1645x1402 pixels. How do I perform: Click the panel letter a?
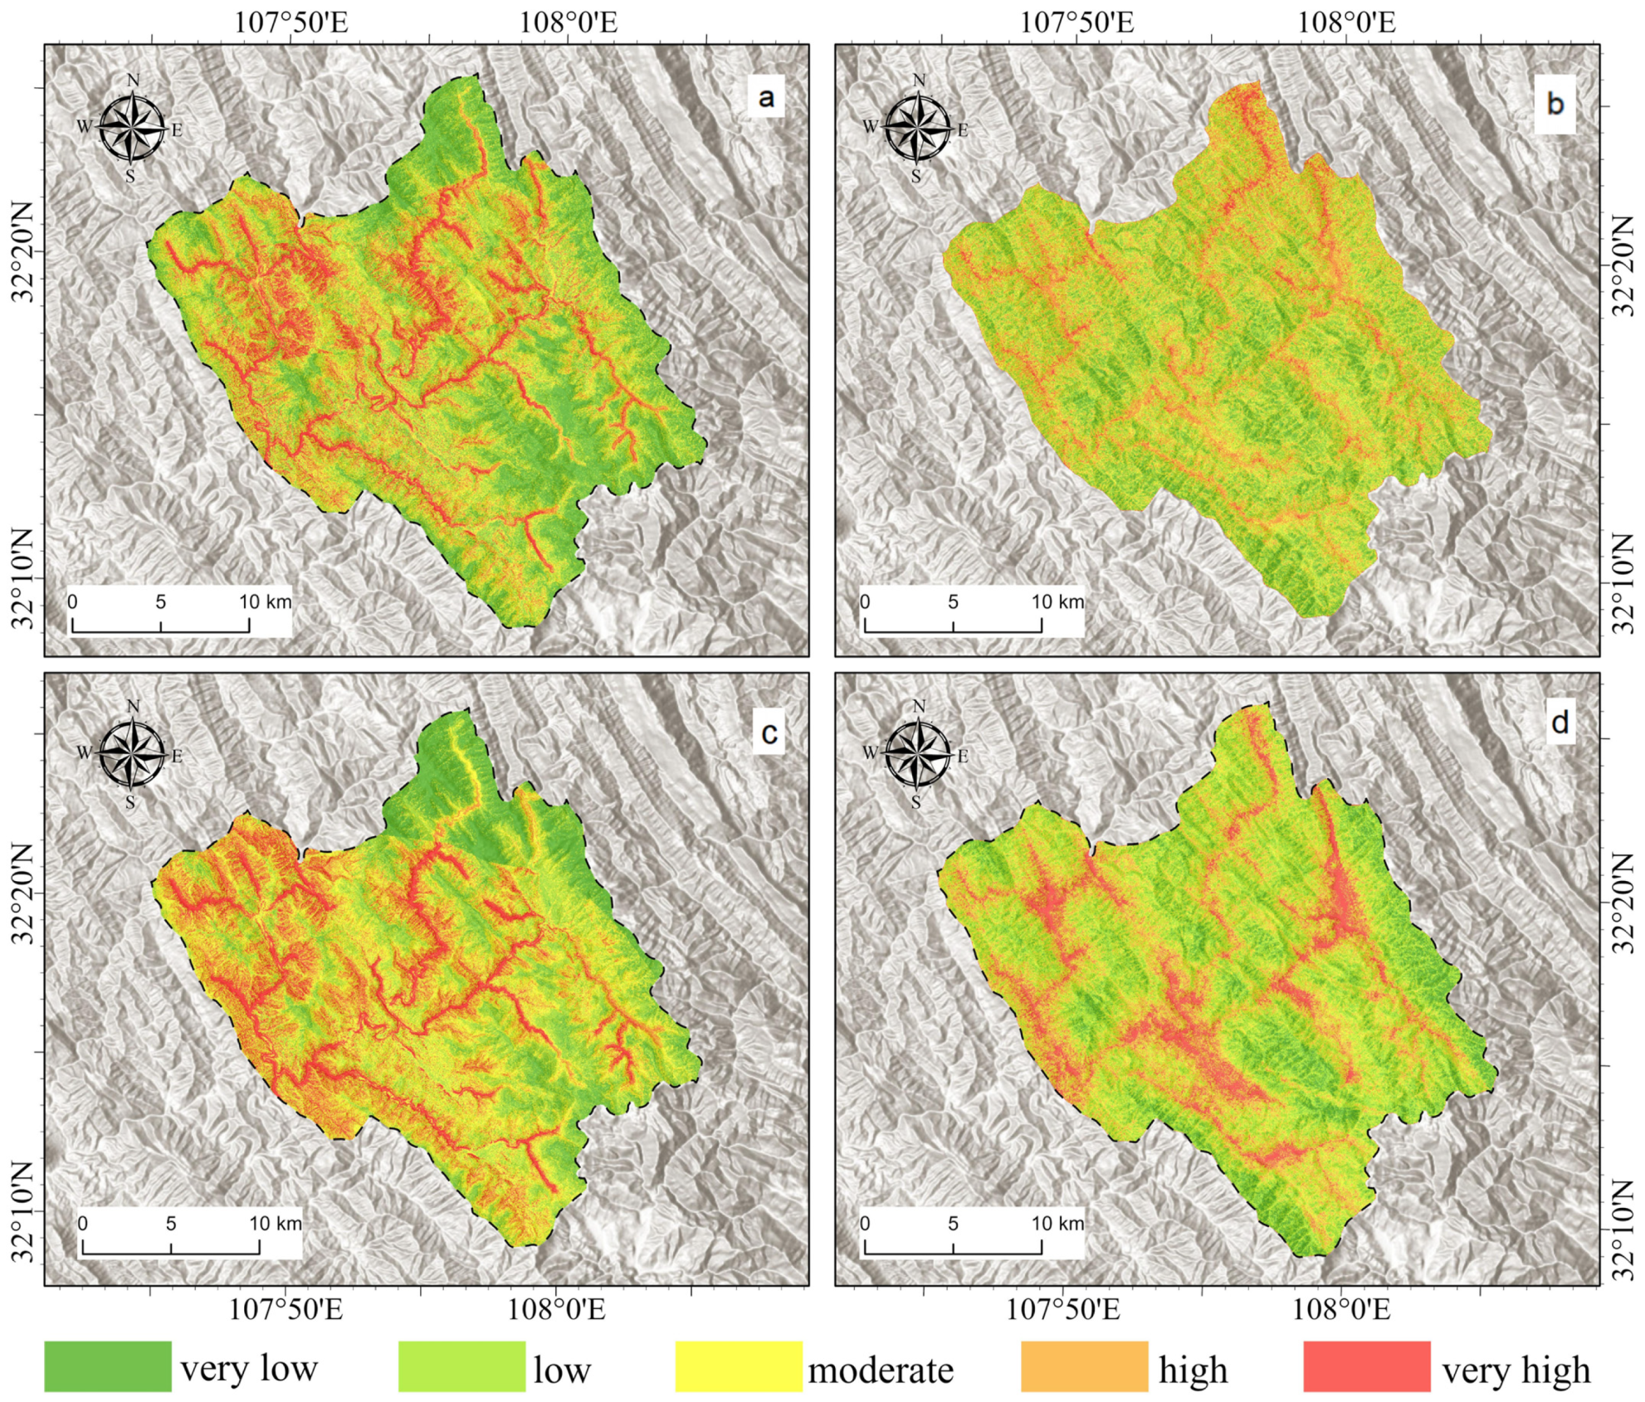tap(766, 98)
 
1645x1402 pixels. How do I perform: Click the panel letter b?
tap(1555, 104)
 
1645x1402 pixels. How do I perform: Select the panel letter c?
tap(769, 733)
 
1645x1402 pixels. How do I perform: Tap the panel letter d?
tap(1560, 723)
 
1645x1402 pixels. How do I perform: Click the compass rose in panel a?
tap(132, 128)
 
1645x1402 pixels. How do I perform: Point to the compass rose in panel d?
tap(918, 754)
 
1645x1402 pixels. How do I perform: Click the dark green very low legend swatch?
tap(108, 1365)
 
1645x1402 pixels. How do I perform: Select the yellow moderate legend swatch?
tap(739, 1365)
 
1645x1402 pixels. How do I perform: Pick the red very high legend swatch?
tap(1366, 1365)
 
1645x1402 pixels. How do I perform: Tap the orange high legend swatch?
tap(1084, 1365)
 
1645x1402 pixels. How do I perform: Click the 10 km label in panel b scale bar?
tap(1057, 601)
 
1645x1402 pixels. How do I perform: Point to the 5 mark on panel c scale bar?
tap(171, 1223)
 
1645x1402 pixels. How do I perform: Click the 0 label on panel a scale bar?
tap(73, 601)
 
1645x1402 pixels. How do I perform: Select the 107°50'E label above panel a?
tap(290, 22)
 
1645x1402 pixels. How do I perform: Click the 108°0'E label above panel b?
tap(1346, 22)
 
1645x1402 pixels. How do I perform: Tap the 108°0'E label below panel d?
tap(1340, 1310)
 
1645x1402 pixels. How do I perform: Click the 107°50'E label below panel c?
tap(286, 1310)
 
